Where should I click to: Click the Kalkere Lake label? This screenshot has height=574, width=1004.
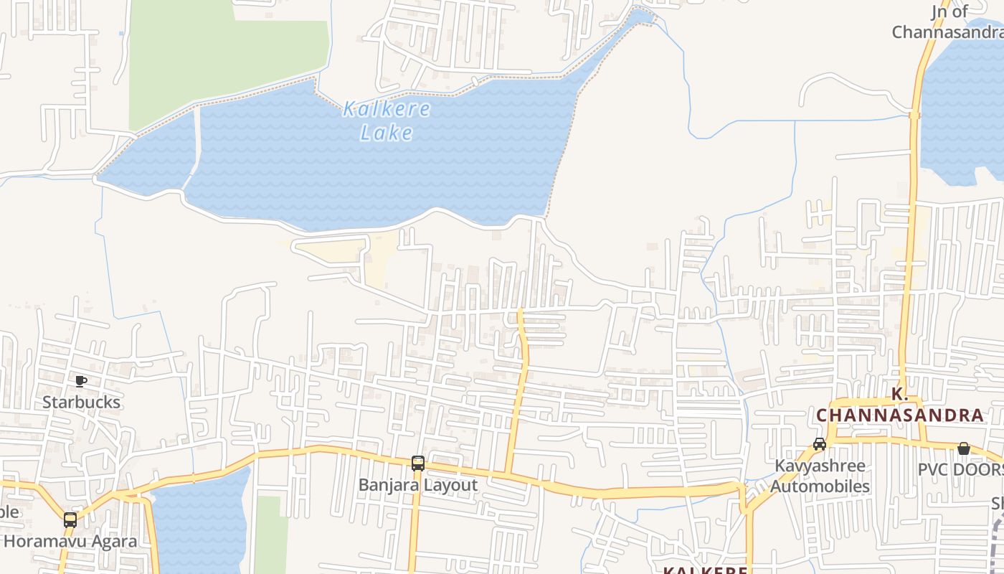click(387, 121)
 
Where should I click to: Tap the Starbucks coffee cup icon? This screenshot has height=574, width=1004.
click(81, 381)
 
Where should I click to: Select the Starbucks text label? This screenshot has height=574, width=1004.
click(81, 402)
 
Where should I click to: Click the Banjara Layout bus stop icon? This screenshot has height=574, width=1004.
click(418, 464)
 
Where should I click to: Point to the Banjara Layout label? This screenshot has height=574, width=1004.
click(418, 485)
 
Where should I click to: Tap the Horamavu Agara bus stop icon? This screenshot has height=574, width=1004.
click(70, 520)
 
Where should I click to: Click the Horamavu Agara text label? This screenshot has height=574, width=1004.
click(70, 541)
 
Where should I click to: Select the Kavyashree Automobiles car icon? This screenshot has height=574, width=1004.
click(820, 444)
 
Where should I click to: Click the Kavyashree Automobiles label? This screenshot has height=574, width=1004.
click(820, 476)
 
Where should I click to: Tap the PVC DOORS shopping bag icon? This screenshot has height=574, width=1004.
click(964, 448)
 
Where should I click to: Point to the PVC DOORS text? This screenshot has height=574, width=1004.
click(961, 470)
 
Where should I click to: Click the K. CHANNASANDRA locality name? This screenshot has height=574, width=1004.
click(899, 405)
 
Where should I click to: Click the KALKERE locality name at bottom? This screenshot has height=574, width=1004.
click(704, 570)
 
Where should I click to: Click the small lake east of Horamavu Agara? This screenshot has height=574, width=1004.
click(201, 524)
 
